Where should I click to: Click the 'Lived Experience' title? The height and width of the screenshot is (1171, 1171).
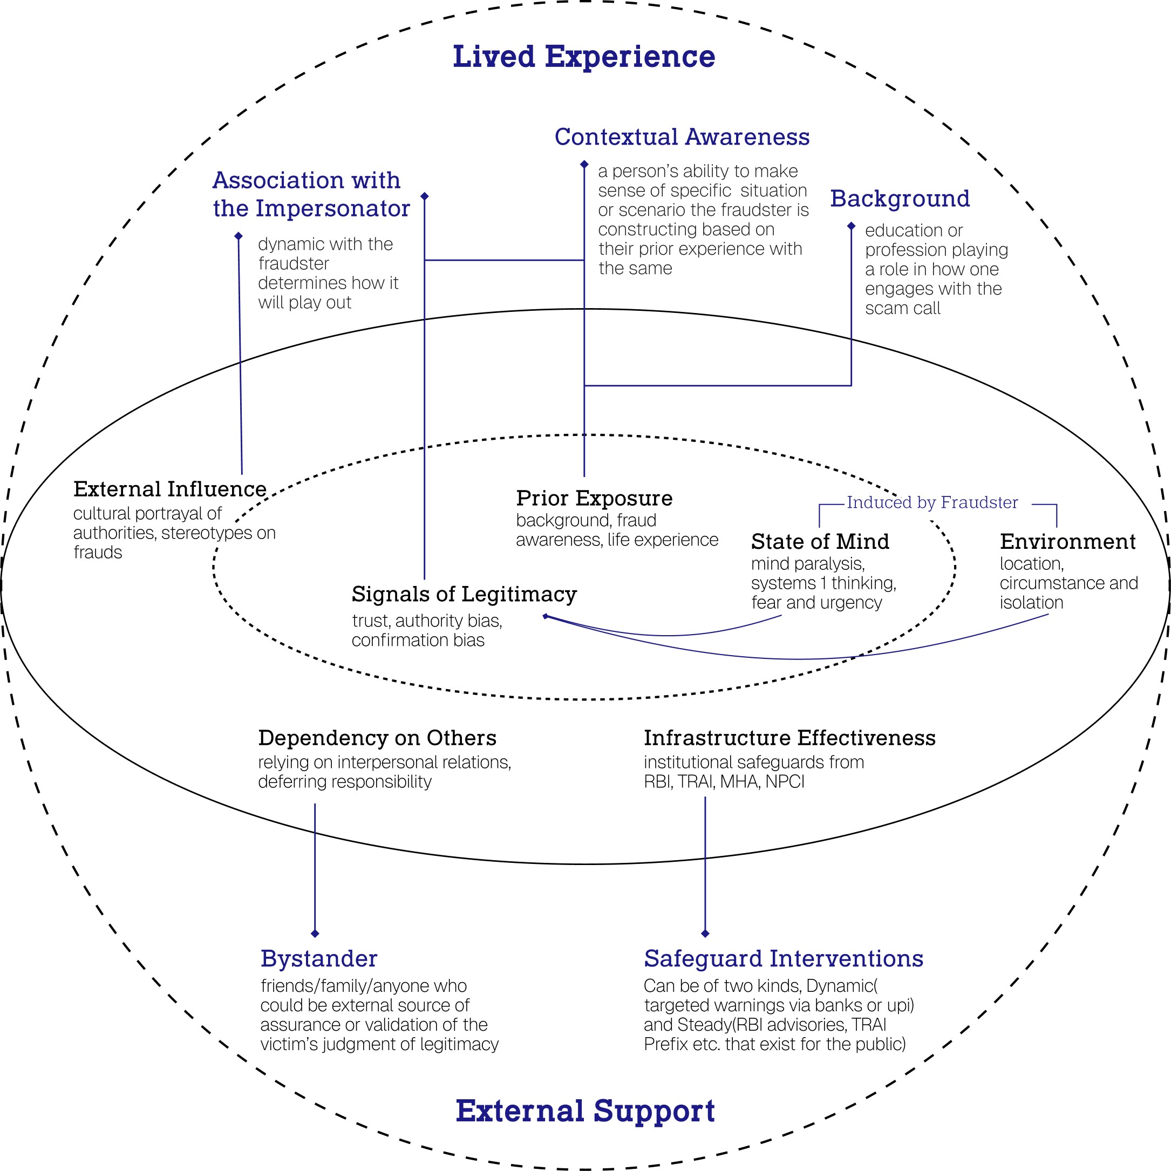pyautogui.click(x=584, y=56)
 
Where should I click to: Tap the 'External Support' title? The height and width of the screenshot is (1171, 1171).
pyautogui.click(x=585, y=1111)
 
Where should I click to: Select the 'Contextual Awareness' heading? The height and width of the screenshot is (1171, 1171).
pyautogui.click(x=682, y=137)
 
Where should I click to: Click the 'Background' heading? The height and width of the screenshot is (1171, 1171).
pyautogui.click(x=900, y=199)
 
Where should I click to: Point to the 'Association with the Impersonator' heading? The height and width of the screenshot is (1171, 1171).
pyautogui.click(x=311, y=194)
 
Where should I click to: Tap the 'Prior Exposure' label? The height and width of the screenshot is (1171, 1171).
pyautogui.click(x=594, y=498)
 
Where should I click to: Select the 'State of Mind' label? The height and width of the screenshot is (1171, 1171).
pyautogui.click(x=820, y=541)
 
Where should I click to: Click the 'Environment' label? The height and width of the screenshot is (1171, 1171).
pyautogui.click(x=1068, y=541)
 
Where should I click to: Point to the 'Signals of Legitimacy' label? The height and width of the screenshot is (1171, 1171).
pyautogui.click(x=464, y=594)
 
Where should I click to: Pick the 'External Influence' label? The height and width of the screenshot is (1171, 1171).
pyautogui.click(x=169, y=488)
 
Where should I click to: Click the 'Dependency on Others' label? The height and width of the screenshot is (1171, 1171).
pyautogui.click(x=377, y=738)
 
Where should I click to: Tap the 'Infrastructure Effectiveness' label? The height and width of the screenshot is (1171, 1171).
pyautogui.click(x=790, y=738)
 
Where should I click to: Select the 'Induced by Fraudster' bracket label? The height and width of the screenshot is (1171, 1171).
pyautogui.click(x=932, y=502)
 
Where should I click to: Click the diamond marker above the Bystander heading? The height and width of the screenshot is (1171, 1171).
pyautogui.click(x=315, y=934)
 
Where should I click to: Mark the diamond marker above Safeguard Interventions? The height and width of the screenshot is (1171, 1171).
pyautogui.click(x=705, y=934)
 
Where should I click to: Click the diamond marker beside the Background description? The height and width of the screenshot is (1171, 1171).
pyautogui.click(x=851, y=226)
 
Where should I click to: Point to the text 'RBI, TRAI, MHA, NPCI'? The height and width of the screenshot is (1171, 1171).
pyautogui.click(x=724, y=782)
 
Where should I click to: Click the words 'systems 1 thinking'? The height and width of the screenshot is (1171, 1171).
pyautogui.click(x=822, y=583)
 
